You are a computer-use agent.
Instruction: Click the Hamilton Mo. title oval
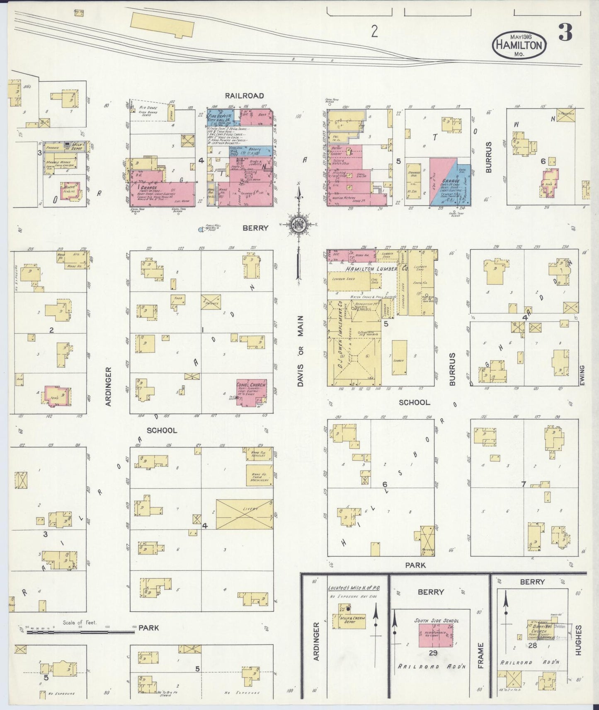click(x=519, y=45)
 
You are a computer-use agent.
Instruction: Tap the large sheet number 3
click(x=565, y=32)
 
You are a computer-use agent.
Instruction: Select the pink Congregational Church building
click(x=251, y=392)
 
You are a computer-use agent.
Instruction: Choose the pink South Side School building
click(x=435, y=635)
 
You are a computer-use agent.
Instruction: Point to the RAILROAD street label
click(x=244, y=96)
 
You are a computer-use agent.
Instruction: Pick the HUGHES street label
click(x=578, y=640)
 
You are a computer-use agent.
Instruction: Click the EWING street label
click(x=582, y=375)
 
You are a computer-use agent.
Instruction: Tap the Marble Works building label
click(x=58, y=162)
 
